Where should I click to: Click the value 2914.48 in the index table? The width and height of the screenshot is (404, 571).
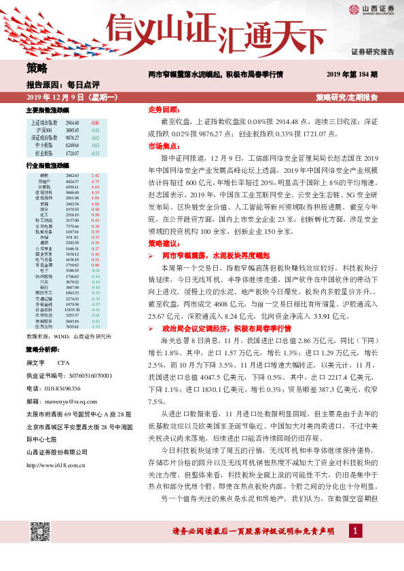pos(73,122)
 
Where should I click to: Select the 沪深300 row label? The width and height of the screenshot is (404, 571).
pos(42,129)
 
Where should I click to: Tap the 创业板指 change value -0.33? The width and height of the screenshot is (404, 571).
pos(95,154)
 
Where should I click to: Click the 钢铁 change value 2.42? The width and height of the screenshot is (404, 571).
pos(95,176)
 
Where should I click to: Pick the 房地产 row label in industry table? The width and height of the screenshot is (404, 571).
pos(44,182)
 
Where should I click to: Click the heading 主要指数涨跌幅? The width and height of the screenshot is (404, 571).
pos(48,109)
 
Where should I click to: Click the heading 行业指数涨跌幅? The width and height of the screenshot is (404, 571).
pos(48,165)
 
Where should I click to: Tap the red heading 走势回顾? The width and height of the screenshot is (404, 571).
pos(162,109)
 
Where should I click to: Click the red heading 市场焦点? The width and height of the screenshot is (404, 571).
pos(162,145)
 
